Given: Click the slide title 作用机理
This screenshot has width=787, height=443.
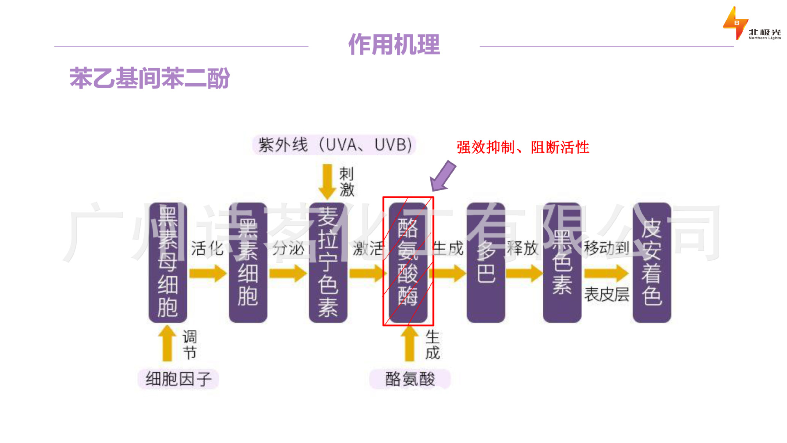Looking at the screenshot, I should point(394,44).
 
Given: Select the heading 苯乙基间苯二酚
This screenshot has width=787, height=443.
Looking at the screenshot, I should point(150,78).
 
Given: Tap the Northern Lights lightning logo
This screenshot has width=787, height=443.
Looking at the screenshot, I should point(735,23).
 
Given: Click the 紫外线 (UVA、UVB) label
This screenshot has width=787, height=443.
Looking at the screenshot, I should point(334,145).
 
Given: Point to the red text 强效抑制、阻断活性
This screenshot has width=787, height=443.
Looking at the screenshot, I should point(523,147).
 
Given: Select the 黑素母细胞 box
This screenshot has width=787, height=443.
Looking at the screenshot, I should point(168,263).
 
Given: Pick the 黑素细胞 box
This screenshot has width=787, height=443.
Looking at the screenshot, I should point(248,263).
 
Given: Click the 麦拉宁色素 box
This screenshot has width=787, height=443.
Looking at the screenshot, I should point(328,263).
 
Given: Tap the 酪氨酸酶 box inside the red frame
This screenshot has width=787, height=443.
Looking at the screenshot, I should point(408,263).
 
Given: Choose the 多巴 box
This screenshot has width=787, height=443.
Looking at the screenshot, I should point(486,263).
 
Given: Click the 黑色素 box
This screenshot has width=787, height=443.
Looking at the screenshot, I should point(562,263).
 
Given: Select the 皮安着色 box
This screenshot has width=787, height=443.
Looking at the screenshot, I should point(652,263).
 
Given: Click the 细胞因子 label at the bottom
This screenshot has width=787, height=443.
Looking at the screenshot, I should point(178,379).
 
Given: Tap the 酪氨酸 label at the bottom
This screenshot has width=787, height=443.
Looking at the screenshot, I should point(410,379).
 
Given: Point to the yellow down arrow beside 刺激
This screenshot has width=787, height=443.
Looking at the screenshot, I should point(327,181).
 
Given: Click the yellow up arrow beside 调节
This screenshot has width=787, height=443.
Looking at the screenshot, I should point(167,344).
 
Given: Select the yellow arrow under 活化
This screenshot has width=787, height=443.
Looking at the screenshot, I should point(208,273).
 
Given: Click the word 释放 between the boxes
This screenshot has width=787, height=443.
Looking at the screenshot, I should point(523,248).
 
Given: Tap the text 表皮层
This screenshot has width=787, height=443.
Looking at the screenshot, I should point(606,294).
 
